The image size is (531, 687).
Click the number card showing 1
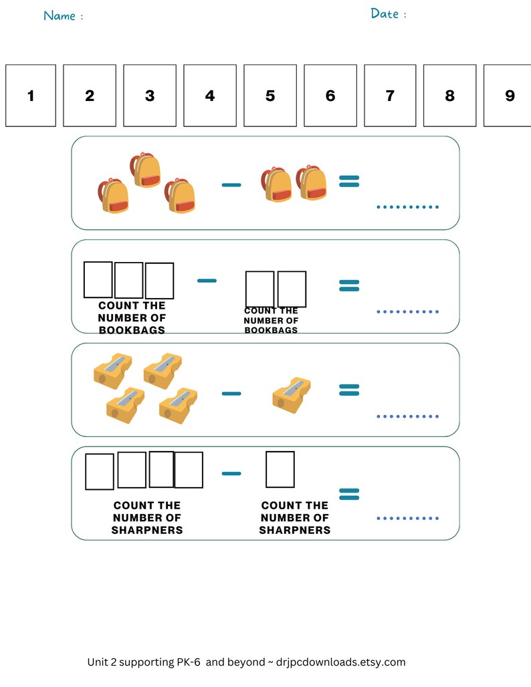tap(31, 96)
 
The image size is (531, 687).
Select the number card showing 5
tap(270, 96)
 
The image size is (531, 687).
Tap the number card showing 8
tap(449, 96)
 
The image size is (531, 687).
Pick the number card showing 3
tap(150, 96)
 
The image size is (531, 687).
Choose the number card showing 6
tap(330, 96)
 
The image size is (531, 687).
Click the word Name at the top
tap(60, 15)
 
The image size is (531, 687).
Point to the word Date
tap(385, 13)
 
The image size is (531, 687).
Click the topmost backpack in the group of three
tap(146, 170)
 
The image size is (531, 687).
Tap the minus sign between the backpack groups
tap(231, 184)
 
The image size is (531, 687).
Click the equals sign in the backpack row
tap(349, 180)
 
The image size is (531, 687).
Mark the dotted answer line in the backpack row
tap(407, 207)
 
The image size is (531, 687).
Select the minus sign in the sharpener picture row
tap(231, 394)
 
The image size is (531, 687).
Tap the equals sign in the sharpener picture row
tap(349, 390)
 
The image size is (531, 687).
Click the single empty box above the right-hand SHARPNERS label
tap(280, 469)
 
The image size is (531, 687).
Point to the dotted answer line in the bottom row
tap(407, 518)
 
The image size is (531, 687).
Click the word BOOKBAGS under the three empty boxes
tap(132, 330)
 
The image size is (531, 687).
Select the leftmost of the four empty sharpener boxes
tap(100, 472)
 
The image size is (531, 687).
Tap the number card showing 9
tap(510, 96)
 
